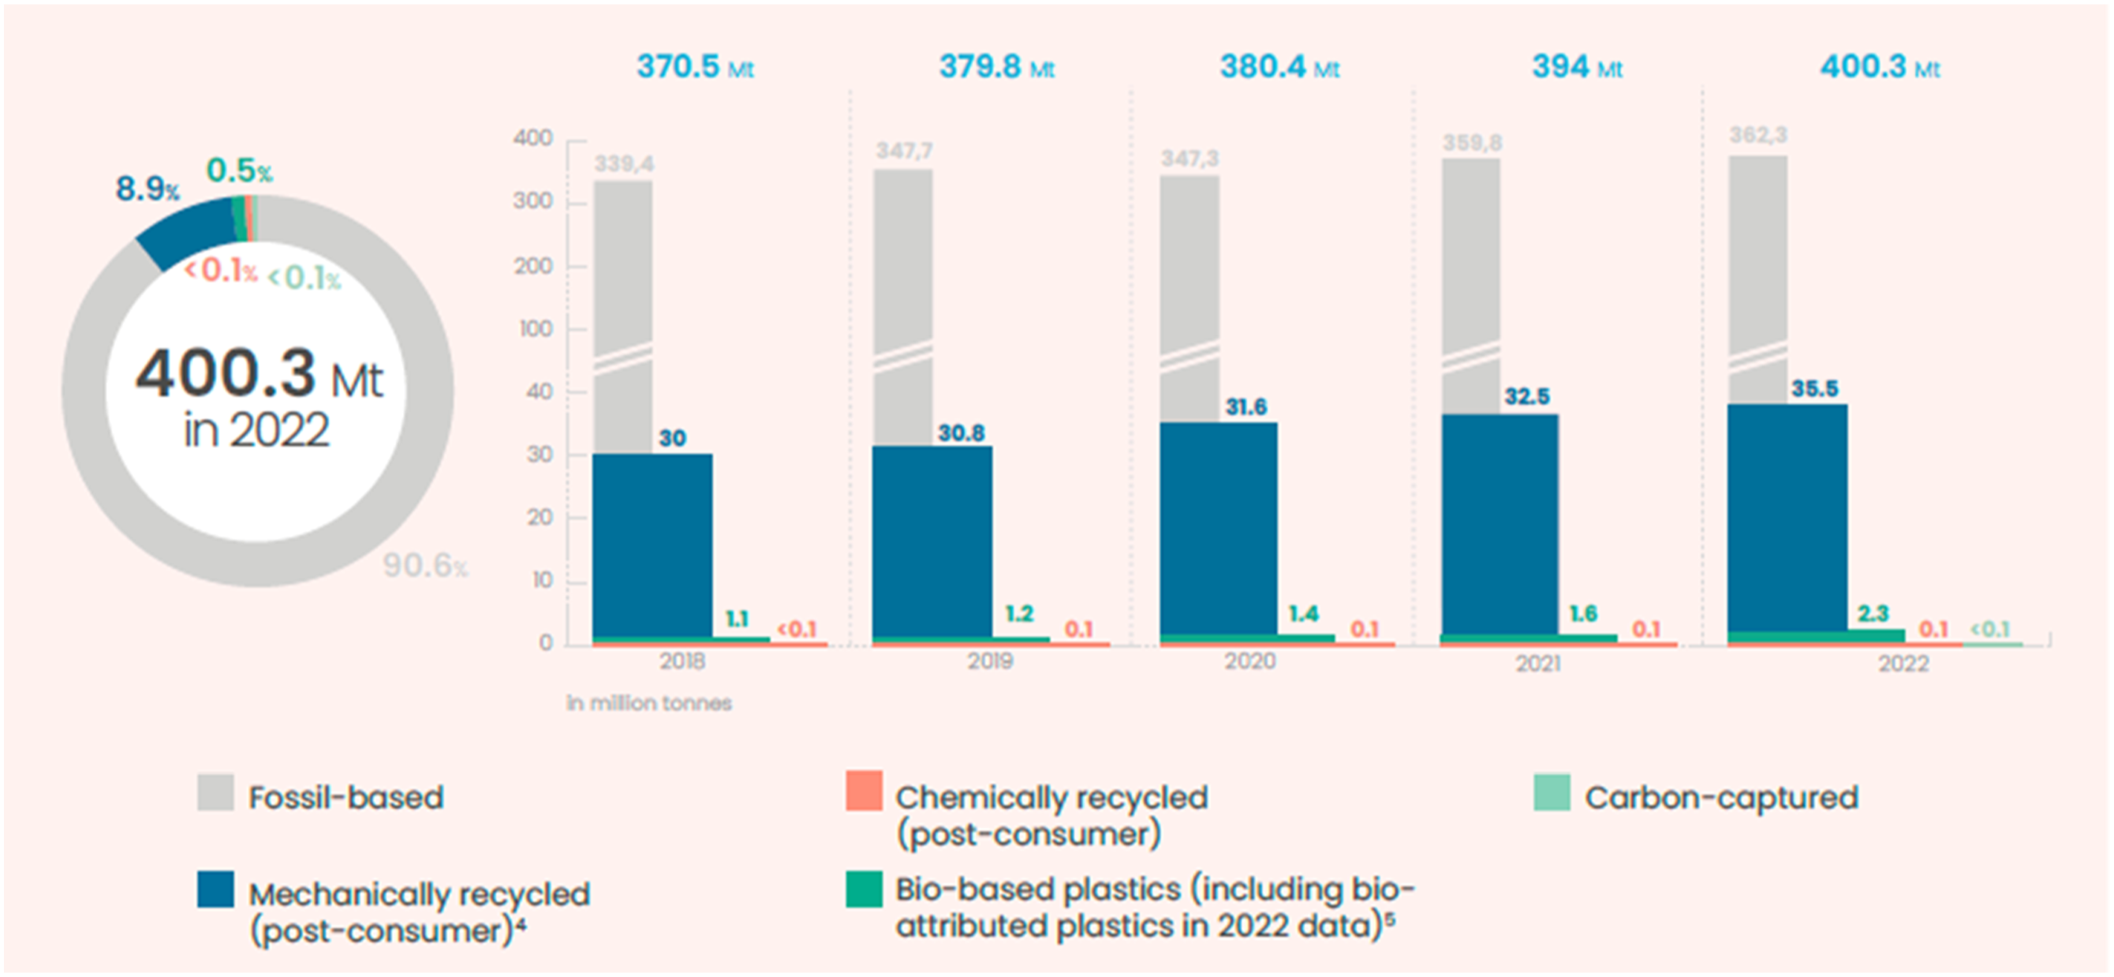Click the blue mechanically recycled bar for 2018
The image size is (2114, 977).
(652, 545)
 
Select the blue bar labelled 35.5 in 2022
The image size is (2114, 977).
(1787, 517)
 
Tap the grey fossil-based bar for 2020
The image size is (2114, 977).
(1190, 299)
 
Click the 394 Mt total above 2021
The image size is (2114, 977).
(1578, 66)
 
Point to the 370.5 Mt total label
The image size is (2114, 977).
(695, 66)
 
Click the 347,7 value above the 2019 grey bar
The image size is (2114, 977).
(903, 151)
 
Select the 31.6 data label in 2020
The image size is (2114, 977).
(1246, 406)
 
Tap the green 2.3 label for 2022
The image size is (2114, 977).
(1873, 613)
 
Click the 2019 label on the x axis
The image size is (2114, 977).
(990, 661)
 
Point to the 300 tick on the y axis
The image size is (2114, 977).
(532, 201)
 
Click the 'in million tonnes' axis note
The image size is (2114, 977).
(649, 703)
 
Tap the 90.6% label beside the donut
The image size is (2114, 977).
(425, 565)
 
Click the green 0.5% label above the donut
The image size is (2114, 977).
(239, 170)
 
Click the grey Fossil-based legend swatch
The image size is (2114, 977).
(215, 792)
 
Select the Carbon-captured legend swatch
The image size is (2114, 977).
(1552, 792)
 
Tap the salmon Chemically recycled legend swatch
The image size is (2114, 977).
(865, 791)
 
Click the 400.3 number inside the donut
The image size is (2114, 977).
(226, 372)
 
